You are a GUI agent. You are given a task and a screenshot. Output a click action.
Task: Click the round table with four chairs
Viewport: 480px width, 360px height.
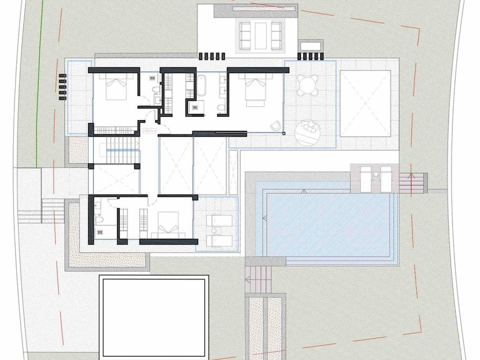tap(307, 84)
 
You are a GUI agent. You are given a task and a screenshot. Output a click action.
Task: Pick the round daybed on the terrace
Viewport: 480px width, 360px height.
tap(307, 132)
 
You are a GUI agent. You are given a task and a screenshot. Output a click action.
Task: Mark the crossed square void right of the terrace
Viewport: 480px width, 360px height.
tap(365, 102)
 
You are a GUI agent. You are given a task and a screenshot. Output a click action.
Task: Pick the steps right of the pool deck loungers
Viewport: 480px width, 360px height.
tap(412, 182)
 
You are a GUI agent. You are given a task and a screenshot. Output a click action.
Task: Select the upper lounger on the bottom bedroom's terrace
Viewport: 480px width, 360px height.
tap(219, 219)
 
